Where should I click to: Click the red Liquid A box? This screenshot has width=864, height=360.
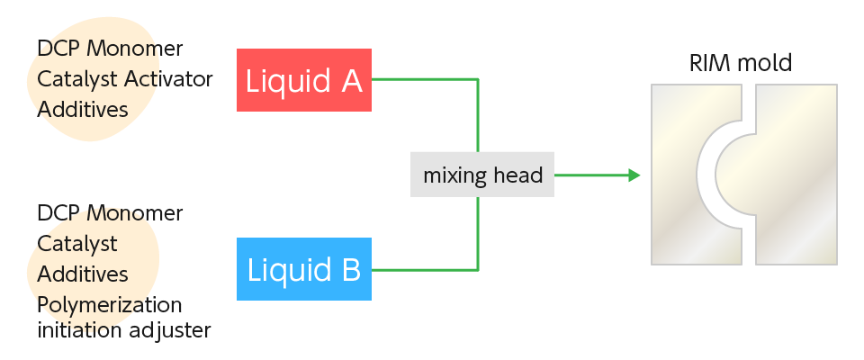[x=304, y=80]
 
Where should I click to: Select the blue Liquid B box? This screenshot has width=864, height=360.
[x=304, y=268]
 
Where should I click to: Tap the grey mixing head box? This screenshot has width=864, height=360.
[x=482, y=175]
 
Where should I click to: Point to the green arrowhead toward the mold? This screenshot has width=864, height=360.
[x=634, y=175]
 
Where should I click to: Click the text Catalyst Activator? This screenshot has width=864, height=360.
[x=124, y=79]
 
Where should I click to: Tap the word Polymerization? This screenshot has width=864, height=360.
[x=110, y=303]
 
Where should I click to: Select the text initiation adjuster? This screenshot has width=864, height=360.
[x=124, y=330]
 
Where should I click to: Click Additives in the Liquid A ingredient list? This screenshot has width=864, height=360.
[x=82, y=109]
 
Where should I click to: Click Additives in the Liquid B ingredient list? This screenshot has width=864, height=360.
[x=82, y=274]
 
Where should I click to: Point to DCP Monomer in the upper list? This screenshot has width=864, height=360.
[x=110, y=49]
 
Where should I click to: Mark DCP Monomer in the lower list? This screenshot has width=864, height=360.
[x=110, y=214]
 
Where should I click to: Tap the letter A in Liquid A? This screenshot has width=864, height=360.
[x=351, y=81]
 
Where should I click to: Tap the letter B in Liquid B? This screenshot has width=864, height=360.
[x=349, y=269]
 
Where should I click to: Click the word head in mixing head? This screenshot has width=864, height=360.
[x=519, y=175]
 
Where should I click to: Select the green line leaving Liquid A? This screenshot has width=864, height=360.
[x=423, y=79]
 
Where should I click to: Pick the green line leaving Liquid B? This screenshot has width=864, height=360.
[x=423, y=269]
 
